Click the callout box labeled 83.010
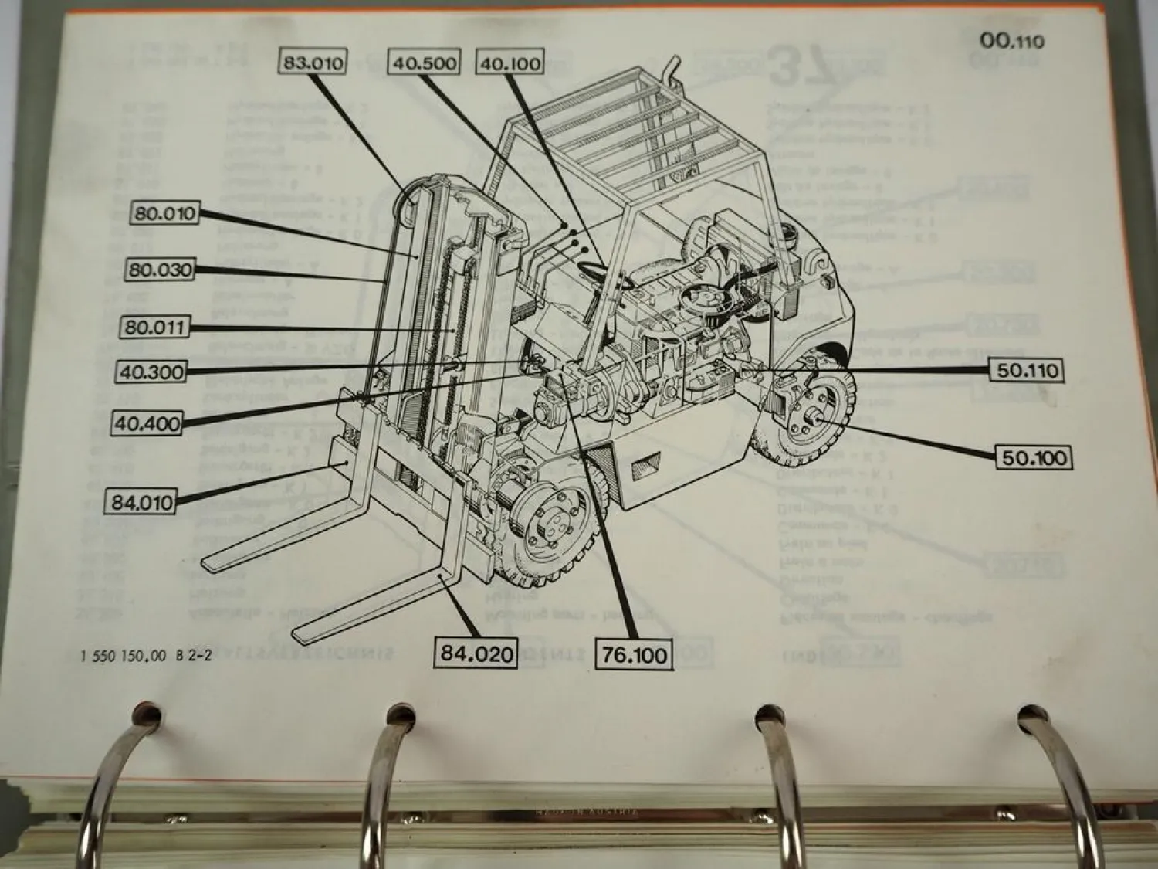[x=313, y=63]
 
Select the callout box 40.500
[x=424, y=63]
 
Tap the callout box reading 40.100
[x=510, y=63]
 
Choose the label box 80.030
[x=160, y=270]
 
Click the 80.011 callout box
[x=155, y=327]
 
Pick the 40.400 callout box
[x=147, y=423]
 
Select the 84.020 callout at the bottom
[x=476, y=653]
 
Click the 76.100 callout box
[x=635, y=655]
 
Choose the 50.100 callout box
[x=1033, y=458]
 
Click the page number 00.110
[x=1011, y=40]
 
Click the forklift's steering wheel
[x=601, y=274]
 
